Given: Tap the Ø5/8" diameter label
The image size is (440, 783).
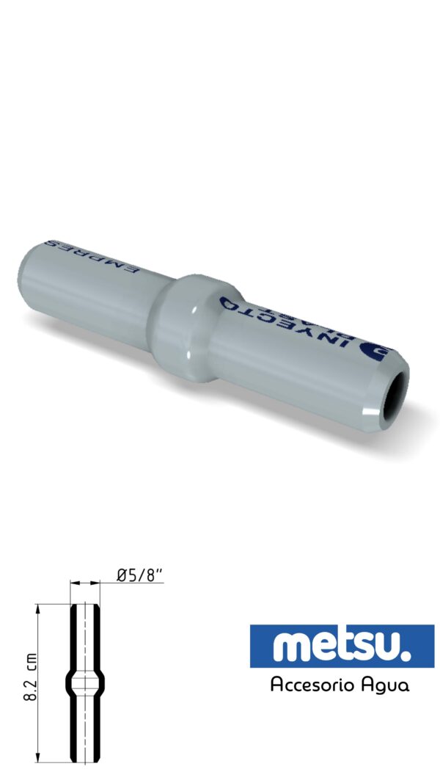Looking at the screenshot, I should click(x=140, y=576).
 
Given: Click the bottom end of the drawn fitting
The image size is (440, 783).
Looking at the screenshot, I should click(x=85, y=761).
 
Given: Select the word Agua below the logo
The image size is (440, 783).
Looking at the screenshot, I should click(x=386, y=685).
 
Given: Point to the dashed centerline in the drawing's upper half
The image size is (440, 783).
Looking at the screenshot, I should click(x=85, y=638).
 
